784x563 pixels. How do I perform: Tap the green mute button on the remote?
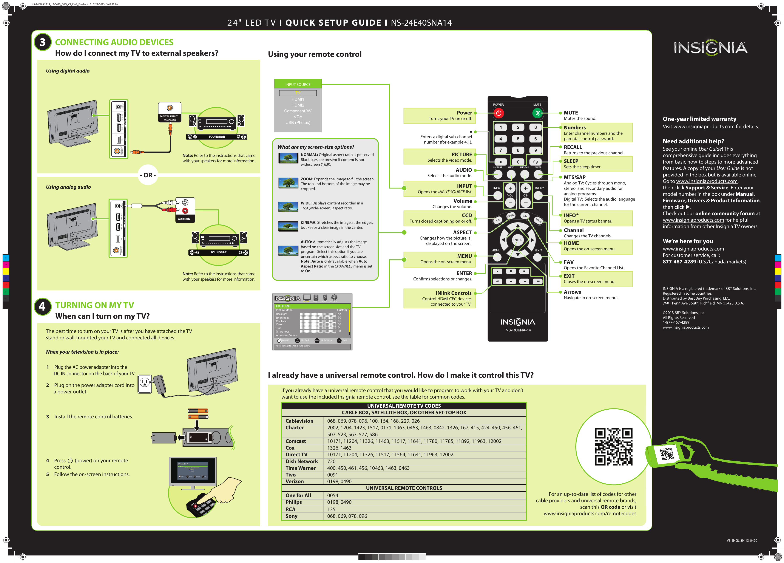click(537, 113)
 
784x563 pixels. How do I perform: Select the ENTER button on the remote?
click(517, 240)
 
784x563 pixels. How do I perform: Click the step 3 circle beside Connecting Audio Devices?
click(43, 42)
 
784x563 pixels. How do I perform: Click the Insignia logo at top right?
click(710, 48)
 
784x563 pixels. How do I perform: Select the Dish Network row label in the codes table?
click(301, 461)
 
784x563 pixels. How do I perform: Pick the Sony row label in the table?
click(291, 516)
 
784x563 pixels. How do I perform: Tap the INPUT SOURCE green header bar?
click(298, 84)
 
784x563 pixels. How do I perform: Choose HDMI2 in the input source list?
click(298, 105)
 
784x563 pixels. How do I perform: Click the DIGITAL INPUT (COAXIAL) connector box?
click(169, 112)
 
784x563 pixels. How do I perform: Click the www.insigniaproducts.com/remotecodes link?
click(590, 514)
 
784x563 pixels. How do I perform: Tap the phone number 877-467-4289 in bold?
click(679, 262)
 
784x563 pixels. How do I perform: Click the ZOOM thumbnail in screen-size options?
click(288, 183)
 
